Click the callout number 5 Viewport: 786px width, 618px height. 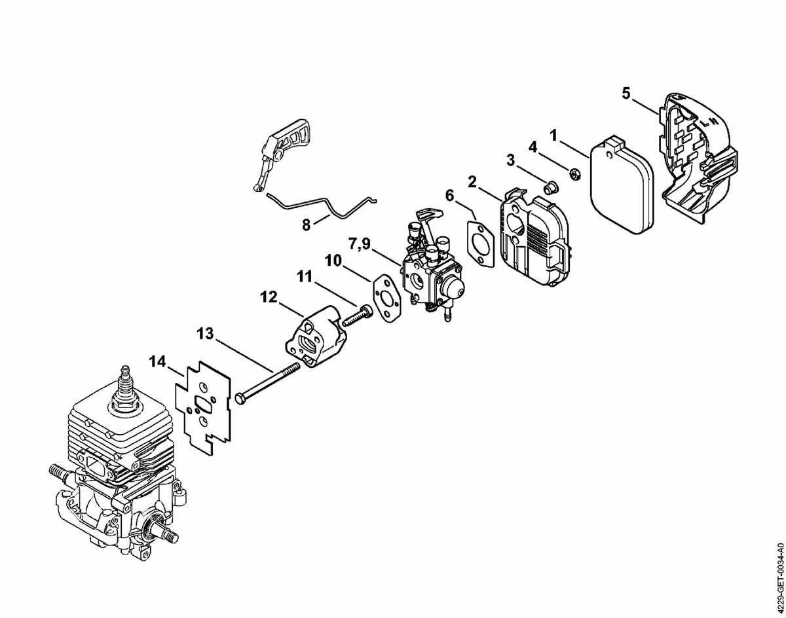(x=626, y=94)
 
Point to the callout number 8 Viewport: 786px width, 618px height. (x=306, y=225)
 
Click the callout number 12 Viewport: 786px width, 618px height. (x=269, y=297)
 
